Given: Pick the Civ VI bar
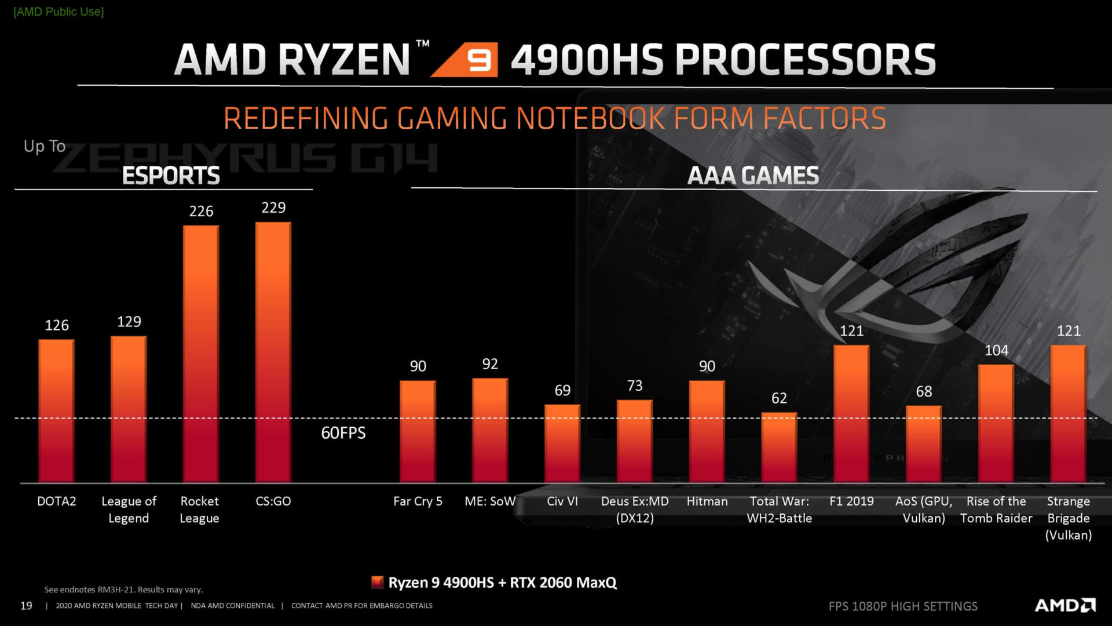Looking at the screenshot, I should point(562,443).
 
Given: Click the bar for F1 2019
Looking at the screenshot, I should point(851,414).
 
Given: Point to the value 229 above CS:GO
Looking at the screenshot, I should point(273,208).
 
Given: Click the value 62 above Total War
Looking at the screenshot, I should point(779,398).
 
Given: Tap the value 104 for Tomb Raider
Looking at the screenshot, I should point(996,350).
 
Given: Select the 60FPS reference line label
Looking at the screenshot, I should point(343,433).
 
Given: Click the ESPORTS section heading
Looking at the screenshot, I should point(171,176).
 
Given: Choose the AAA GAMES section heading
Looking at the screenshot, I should point(753,176).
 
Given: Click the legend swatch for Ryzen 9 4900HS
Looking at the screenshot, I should point(378,582).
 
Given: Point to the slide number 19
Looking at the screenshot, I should point(26,606).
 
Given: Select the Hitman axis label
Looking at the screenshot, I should point(707,501).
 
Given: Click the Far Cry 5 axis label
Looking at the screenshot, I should point(418,501).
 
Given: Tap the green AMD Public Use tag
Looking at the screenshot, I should point(58,12).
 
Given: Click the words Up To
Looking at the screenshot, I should point(45,146).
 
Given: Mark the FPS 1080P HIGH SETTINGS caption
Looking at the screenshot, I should point(903,606).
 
